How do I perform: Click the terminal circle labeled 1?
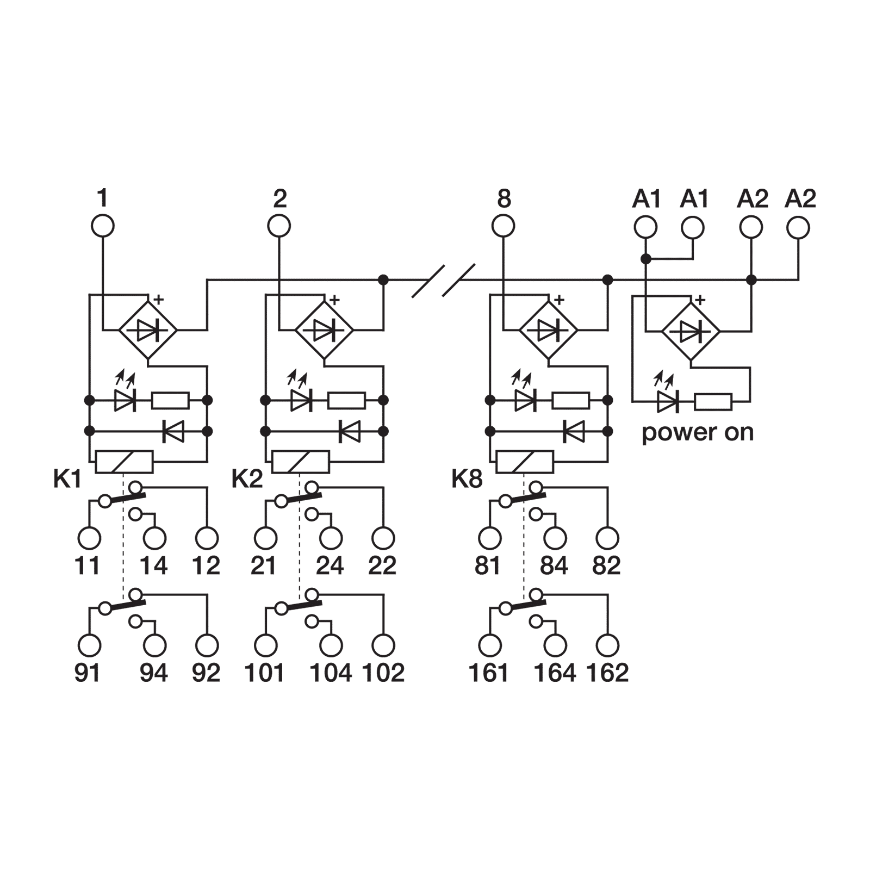[102, 226]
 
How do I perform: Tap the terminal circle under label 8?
[503, 226]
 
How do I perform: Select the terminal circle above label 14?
[154, 538]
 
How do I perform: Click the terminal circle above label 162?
[607, 645]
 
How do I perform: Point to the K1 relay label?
[67, 480]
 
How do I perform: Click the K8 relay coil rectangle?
[525, 462]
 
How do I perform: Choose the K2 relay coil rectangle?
[301, 462]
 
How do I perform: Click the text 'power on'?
[698, 433]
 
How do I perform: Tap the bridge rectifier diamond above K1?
[148, 330]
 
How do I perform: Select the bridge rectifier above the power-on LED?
[691, 330]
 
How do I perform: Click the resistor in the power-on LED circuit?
[713, 403]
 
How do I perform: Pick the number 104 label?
[331, 673]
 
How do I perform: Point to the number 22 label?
[383, 566]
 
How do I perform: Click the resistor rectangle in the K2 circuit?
[347, 401]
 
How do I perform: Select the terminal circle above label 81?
[489, 538]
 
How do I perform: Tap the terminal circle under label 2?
[279, 226]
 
